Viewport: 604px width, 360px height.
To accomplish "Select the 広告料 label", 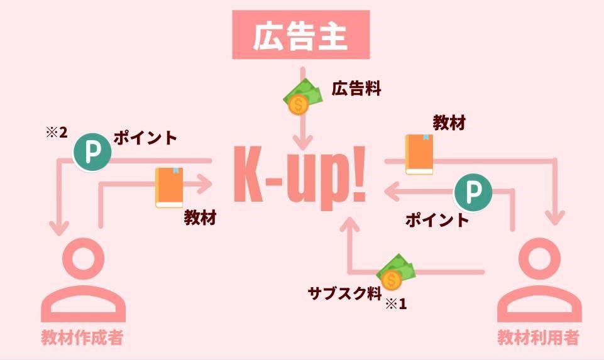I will (356, 89).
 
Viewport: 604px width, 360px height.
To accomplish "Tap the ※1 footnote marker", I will (395, 304).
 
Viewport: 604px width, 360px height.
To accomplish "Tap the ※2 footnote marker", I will (56, 133).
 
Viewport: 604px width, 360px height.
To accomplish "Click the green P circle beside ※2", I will (92, 152).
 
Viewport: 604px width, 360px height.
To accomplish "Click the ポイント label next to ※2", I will (145, 138).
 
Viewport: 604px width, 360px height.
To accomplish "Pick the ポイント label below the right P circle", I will (437, 220).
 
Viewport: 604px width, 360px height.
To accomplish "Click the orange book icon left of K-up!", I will (169, 187).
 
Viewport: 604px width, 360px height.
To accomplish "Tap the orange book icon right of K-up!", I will (419, 154).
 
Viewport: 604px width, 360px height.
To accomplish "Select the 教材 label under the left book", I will (200, 218).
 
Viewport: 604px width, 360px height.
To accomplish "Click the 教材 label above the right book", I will (449, 123).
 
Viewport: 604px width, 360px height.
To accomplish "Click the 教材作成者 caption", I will (82, 338).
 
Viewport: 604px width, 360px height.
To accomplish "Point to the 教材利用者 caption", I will (537, 338).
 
